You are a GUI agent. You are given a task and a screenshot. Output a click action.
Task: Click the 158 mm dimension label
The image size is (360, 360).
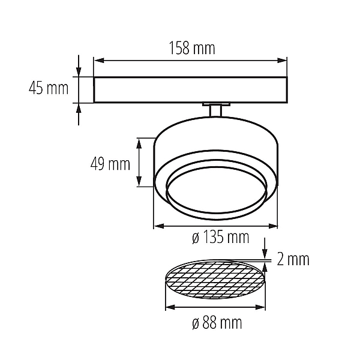[192, 48]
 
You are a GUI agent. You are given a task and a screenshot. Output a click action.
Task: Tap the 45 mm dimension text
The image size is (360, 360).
[49, 88]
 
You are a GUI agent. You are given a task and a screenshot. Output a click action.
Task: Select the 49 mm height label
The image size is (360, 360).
[110, 164]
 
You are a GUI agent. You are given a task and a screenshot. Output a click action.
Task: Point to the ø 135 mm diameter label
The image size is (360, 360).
[220, 237]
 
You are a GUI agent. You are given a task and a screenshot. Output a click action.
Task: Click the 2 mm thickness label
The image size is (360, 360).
[293, 259]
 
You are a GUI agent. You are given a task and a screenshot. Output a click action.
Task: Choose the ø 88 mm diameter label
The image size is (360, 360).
[217, 323]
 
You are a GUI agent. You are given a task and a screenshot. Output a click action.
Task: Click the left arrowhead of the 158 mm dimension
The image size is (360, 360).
[99, 61]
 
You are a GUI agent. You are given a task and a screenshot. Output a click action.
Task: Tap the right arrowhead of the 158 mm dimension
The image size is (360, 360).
[282, 61]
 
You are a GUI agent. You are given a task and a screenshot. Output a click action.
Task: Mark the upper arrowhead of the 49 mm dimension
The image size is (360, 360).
[139, 143]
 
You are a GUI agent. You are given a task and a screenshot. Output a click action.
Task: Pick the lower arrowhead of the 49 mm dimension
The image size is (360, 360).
[139, 181]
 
